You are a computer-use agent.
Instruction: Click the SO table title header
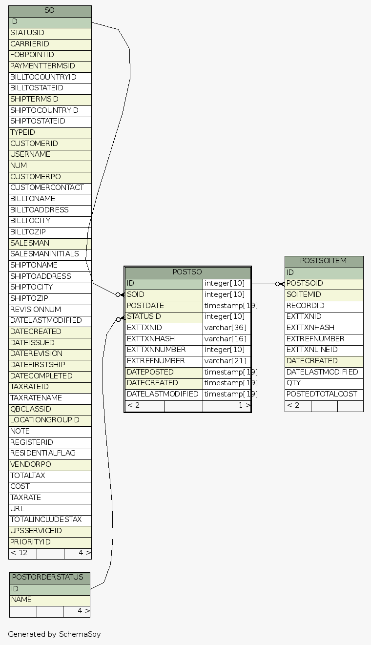tap(50, 11)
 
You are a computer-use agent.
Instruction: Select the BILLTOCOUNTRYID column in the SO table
tap(50, 77)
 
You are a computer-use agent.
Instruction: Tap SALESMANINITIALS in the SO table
tap(50, 254)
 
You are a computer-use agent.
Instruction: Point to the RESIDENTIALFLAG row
tap(50, 453)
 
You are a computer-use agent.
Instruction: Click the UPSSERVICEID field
tap(50, 531)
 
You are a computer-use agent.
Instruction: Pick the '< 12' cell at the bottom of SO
tap(22, 553)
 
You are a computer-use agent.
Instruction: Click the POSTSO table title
tap(187, 272)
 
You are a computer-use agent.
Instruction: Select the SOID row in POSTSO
tap(164, 294)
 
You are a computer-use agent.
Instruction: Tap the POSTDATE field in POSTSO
tap(164, 306)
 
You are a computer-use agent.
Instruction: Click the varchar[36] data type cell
tap(227, 328)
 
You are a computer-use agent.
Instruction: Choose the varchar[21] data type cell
tap(227, 361)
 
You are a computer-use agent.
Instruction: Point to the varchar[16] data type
tap(227, 339)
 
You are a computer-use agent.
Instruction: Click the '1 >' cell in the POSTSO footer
tap(227, 405)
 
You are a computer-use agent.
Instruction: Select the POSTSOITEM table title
tap(324, 261)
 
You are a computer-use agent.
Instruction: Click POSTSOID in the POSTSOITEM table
tap(324, 283)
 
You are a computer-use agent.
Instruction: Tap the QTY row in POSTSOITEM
tap(324, 383)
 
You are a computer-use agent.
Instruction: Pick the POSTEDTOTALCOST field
tap(324, 394)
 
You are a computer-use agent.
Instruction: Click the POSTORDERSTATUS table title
tap(49, 578)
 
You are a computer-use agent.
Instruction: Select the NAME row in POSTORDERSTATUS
tap(49, 600)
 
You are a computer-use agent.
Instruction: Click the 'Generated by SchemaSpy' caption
tap(54, 634)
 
